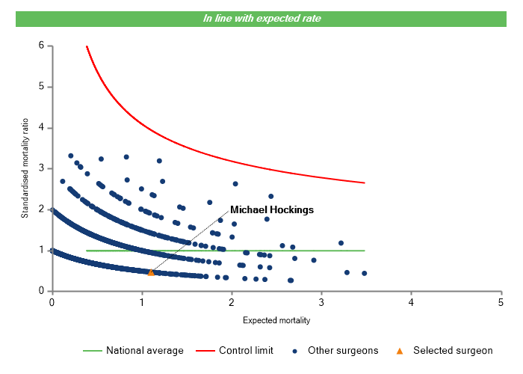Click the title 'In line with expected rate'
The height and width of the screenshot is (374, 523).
261,18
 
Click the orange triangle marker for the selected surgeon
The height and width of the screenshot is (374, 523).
151,272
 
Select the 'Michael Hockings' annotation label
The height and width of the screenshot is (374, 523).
271,210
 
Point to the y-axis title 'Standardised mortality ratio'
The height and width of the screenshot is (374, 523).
25,168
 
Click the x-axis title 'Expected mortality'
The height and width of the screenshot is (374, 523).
276,321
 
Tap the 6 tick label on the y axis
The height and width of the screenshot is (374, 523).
41,46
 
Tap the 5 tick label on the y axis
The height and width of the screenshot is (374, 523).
41,87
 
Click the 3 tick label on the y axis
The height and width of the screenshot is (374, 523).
41,168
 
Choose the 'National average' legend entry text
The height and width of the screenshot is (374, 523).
144,350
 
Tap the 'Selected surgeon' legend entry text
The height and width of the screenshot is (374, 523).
454,350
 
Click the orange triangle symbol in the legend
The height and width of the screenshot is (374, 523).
399,350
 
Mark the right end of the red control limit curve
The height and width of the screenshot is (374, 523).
365,183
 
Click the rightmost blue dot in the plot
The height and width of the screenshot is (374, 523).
364,273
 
